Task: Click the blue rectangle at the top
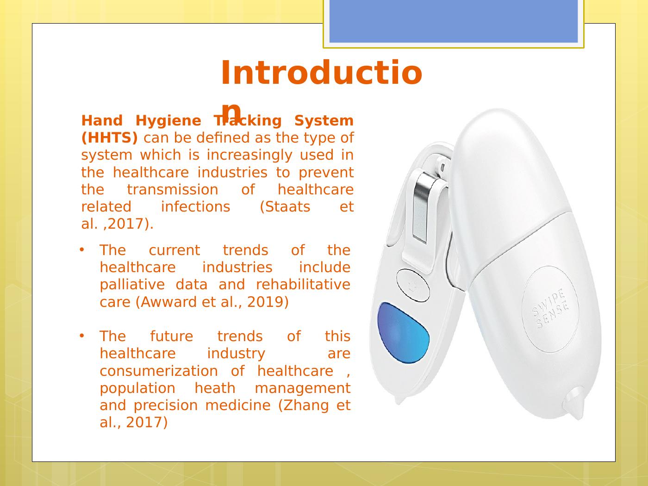[454, 21]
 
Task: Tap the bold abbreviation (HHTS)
[109, 138]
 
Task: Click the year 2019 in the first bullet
[265, 302]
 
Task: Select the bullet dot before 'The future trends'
[81, 336]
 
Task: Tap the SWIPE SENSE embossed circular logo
[550, 309]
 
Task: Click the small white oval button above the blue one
[413, 285]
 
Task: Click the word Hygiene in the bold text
[168, 121]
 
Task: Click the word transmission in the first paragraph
[172, 190]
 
